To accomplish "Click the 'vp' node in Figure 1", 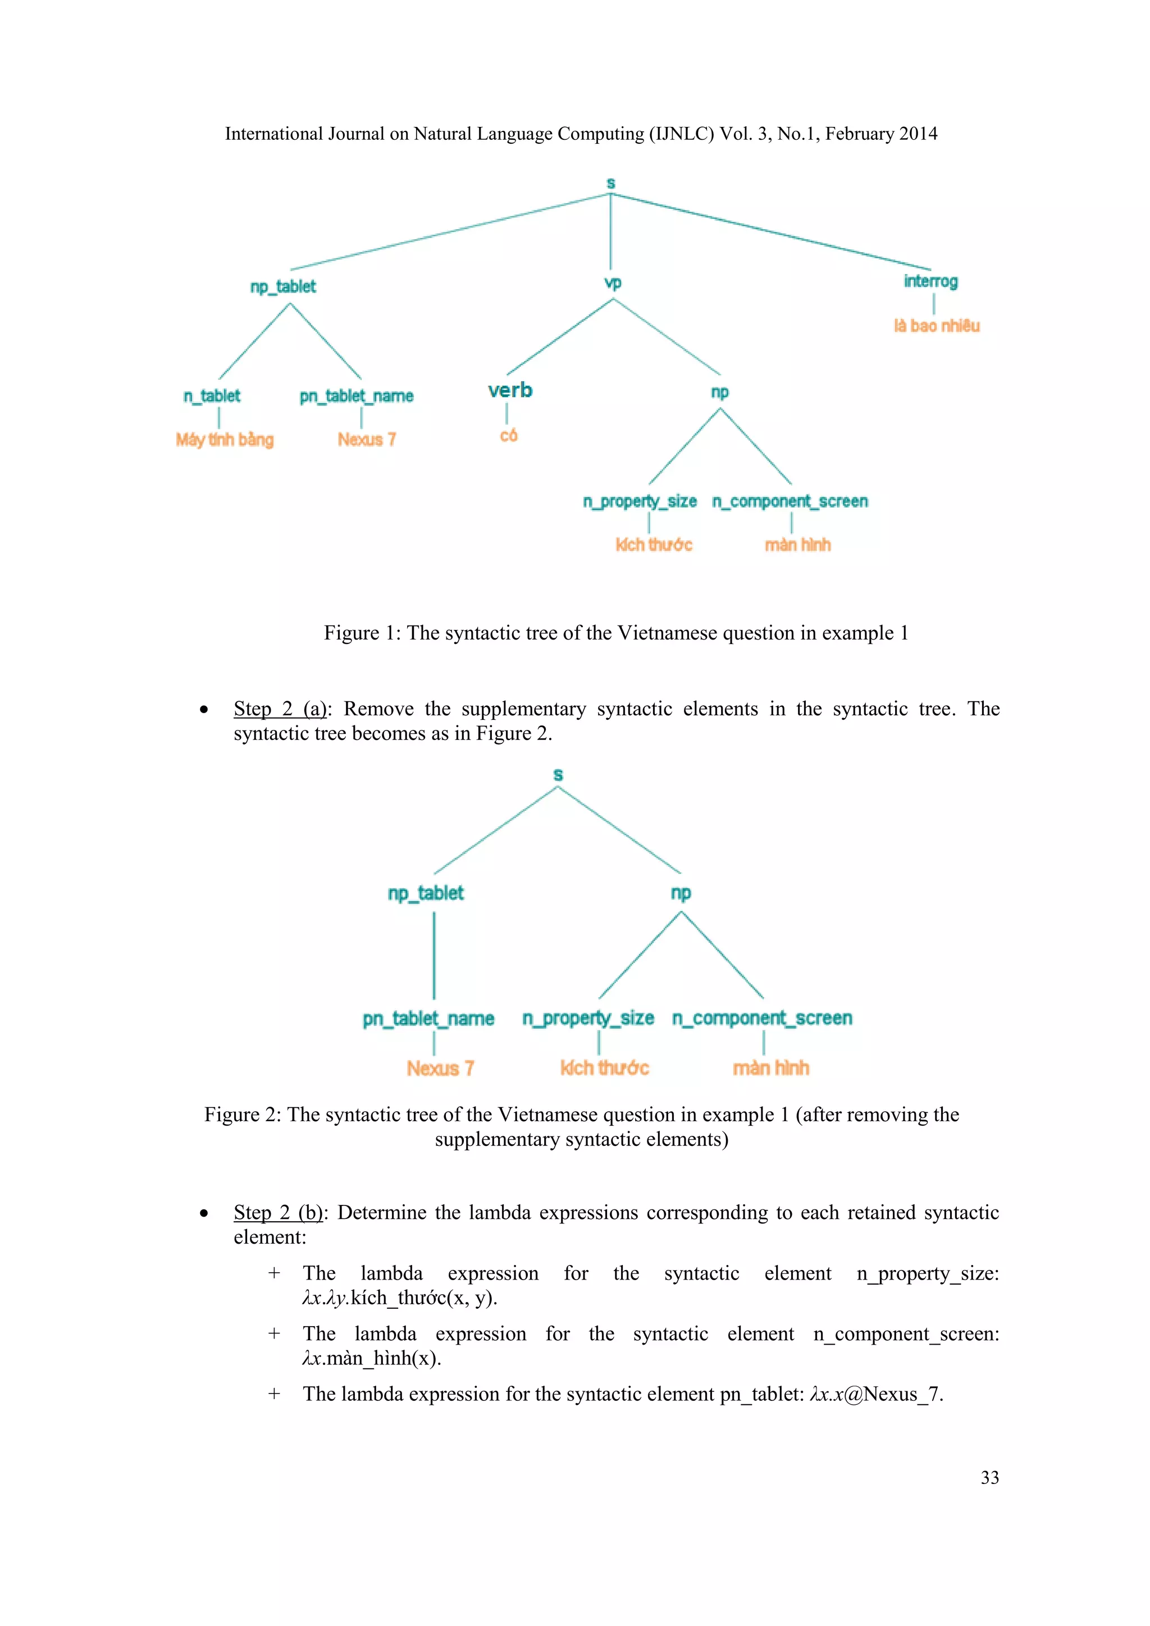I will click(613, 284).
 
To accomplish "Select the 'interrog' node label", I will click(930, 281).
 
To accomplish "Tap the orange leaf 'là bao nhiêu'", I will click(936, 326).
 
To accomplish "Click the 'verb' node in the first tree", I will click(510, 390).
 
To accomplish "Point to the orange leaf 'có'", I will click(508, 436).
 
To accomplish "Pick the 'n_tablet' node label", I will click(212, 396).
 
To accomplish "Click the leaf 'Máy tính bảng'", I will click(225, 440).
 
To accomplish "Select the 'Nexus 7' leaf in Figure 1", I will click(367, 440).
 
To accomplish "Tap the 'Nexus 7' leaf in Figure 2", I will click(440, 1068).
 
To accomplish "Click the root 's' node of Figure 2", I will click(558, 775).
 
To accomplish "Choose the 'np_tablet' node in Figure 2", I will click(426, 893).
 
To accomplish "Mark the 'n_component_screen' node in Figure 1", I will click(790, 501).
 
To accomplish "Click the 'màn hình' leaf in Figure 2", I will click(770, 1068).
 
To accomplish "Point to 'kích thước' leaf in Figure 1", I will click(654, 545).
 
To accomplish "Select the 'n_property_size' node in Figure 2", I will click(588, 1018).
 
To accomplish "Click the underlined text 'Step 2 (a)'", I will click(280, 709).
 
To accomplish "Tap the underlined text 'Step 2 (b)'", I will click(279, 1212).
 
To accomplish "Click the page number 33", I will click(989, 1477).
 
